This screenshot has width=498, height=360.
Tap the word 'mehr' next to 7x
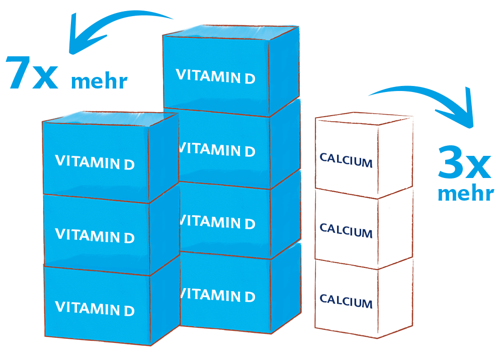coord(99,81)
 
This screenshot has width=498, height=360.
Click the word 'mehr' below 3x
coord(465,193)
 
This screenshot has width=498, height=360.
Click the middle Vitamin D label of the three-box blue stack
coord(95,235)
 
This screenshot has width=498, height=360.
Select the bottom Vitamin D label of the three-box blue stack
coord(95,308)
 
